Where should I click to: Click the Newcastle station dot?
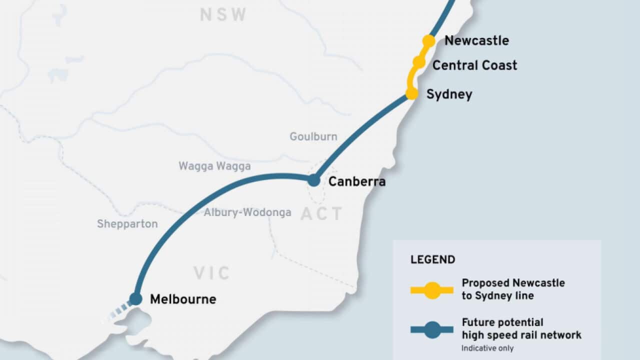428,41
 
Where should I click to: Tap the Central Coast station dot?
418,62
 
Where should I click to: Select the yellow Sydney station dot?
411,93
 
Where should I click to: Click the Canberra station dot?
313,180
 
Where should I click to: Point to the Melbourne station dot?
135,299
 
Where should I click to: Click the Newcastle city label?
476,40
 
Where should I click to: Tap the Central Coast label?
474,65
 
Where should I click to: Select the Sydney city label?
449,94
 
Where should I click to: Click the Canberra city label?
356,181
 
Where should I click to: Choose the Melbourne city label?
183,299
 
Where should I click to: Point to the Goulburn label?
313,136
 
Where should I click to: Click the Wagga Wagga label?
214,166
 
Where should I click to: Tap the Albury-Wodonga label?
247,212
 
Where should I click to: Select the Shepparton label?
127,224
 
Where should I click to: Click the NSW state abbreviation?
223,15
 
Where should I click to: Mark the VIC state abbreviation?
212,273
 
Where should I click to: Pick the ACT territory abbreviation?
321,214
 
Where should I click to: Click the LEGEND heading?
432,260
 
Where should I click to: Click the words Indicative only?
487,348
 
